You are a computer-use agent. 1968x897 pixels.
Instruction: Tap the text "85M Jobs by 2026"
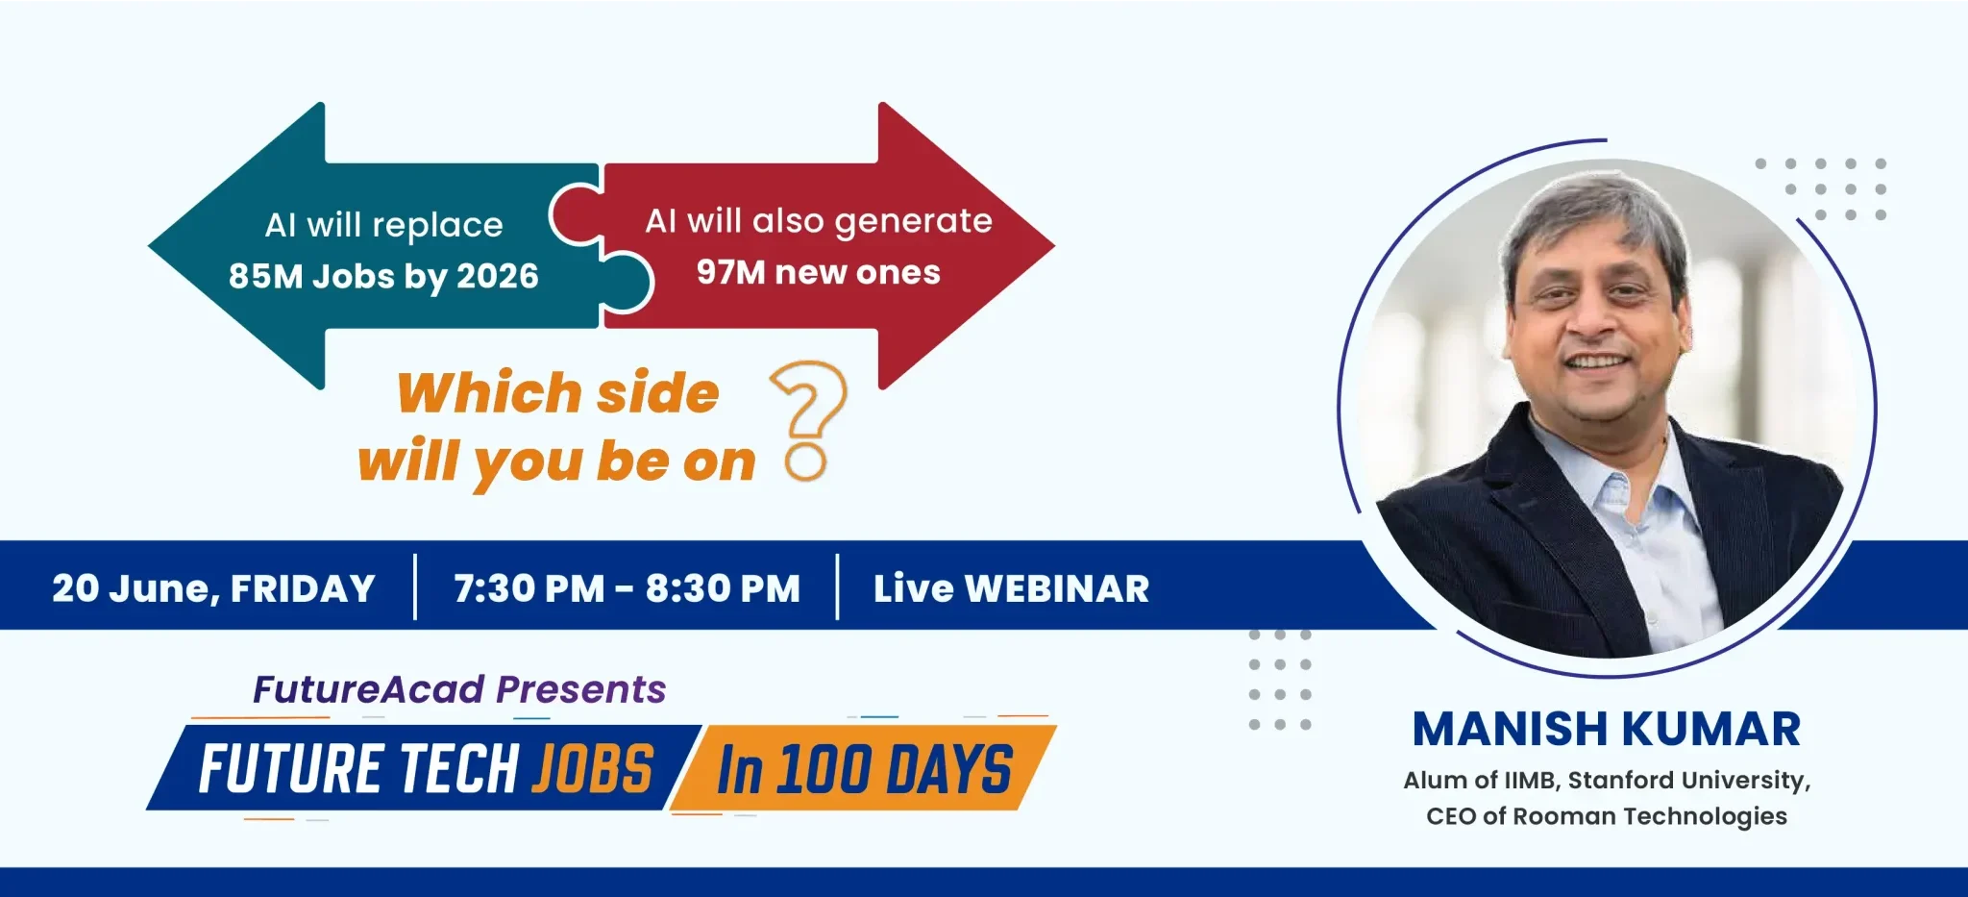point(383,277)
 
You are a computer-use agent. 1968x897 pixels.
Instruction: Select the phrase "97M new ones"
point(819,272)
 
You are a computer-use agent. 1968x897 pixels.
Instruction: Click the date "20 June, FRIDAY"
point(213,588)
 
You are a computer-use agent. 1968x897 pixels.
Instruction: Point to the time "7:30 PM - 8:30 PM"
point(627,588)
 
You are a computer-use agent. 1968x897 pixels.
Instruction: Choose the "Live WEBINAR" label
point(1011,588)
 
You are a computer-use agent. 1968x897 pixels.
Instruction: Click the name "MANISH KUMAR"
point(1607,729)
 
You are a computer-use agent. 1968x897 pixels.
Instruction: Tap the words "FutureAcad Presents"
point(459,689)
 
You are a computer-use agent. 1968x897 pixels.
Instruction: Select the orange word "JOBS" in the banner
point(593,768)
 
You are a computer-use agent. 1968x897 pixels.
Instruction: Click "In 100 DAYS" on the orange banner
point(865,770)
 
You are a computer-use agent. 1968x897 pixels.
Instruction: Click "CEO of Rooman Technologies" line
point(1607,816)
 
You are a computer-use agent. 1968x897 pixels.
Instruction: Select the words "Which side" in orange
point(558,393)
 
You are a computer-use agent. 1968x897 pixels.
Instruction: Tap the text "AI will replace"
point(383,225)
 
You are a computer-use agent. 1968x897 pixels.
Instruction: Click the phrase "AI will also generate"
point(819,222)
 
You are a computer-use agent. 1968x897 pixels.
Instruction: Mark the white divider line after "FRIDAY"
point(415,587)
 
